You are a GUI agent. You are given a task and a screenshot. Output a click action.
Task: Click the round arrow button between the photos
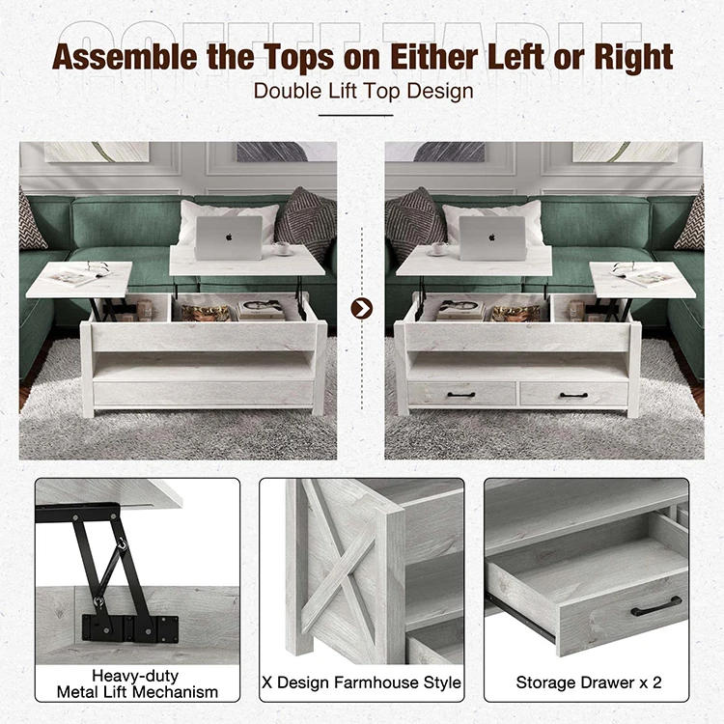point(361,308)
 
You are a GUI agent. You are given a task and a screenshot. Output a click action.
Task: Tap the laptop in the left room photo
point(228,237)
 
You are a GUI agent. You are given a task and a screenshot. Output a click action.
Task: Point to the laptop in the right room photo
point(492,237)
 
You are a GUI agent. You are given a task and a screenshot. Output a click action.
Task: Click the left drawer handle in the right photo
point(460,394)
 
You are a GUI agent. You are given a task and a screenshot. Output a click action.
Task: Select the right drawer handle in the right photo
point(575,394)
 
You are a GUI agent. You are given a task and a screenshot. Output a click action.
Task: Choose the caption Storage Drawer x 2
point(589,682)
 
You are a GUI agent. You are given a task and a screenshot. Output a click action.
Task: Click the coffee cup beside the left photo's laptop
point(281,248)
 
